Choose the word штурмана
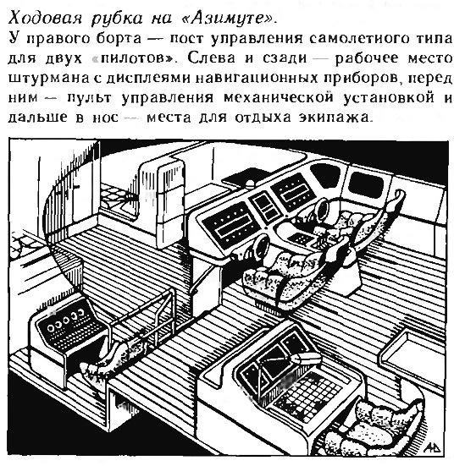[x=48, y=79]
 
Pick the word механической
[x=278, y=98]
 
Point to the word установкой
[x=389, y=98]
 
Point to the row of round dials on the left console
[x=65, y=321]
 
